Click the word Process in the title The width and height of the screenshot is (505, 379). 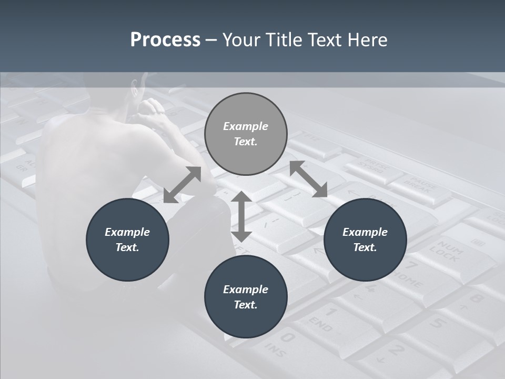(x=165, y=40)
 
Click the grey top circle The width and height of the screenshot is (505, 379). (x=246, y=134)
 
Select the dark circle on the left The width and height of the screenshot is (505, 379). (x=127, y=240)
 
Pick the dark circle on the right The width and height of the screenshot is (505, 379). (x=365, y=240)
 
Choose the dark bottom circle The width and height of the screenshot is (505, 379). (x=246, y=297)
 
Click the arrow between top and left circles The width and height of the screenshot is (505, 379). (x=182, y=185)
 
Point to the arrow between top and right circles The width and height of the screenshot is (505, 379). (x=308, y=179)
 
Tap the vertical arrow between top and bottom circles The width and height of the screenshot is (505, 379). (x=241, y=216)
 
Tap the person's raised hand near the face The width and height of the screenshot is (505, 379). (x=153, y=108)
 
